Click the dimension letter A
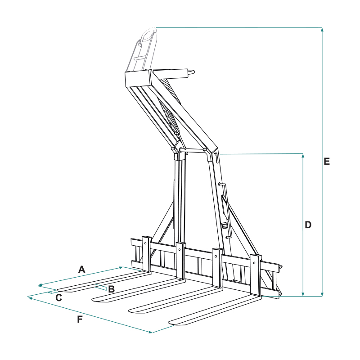82,269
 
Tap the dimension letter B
111,289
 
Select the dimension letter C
59,298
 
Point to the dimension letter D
308,225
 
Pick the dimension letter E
327,162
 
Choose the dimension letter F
80,319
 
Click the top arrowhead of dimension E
322,29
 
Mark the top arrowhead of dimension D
303,155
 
